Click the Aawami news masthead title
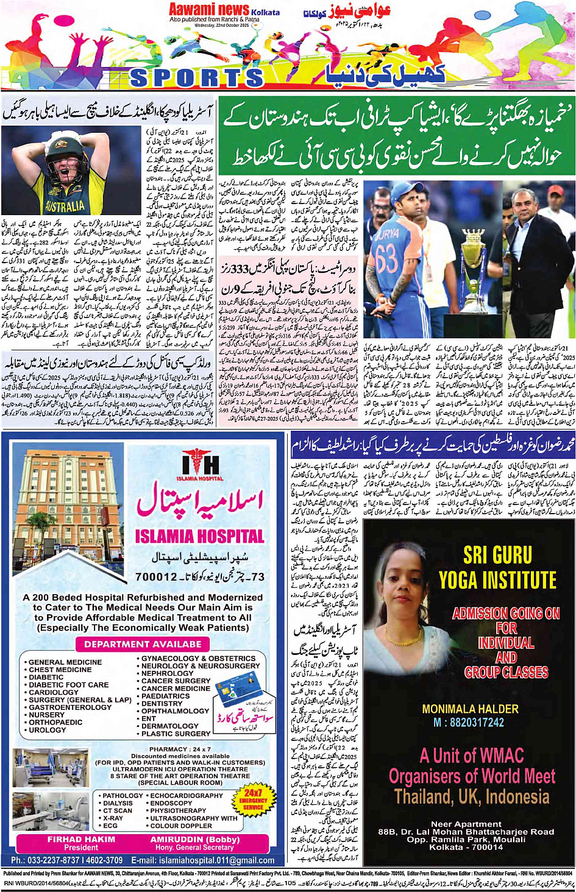[209, 10]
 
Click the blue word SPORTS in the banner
[196, 78]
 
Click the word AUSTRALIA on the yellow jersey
[65, 205]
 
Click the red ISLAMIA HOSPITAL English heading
[199, 537]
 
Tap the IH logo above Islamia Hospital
[201, 466]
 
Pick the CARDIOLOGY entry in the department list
[54, 692]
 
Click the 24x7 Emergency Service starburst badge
[253, 799]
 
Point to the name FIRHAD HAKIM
[81, 839]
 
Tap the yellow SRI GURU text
[497, 555]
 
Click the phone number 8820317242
[469, 722]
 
